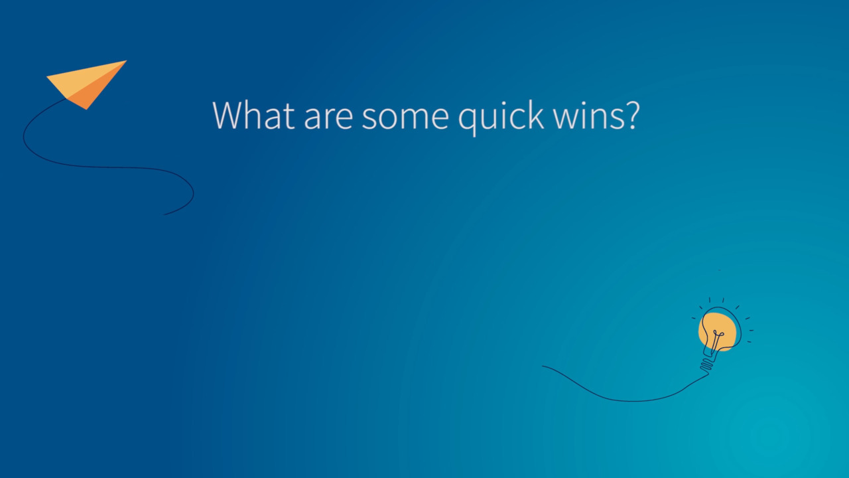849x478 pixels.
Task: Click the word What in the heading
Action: [x=253, y=116]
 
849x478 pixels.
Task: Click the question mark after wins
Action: [x=631, y=116]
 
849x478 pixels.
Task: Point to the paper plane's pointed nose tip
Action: [x=125, y=62]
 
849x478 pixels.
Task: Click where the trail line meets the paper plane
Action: [x=66, y=100]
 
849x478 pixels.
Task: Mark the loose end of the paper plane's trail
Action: [x=165, y=214]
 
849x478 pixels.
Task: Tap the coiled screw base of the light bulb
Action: [x=707, y=364]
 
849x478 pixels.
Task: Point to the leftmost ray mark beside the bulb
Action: [x=694, y=318]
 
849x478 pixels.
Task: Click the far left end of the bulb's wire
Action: [x=543, y=366]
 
